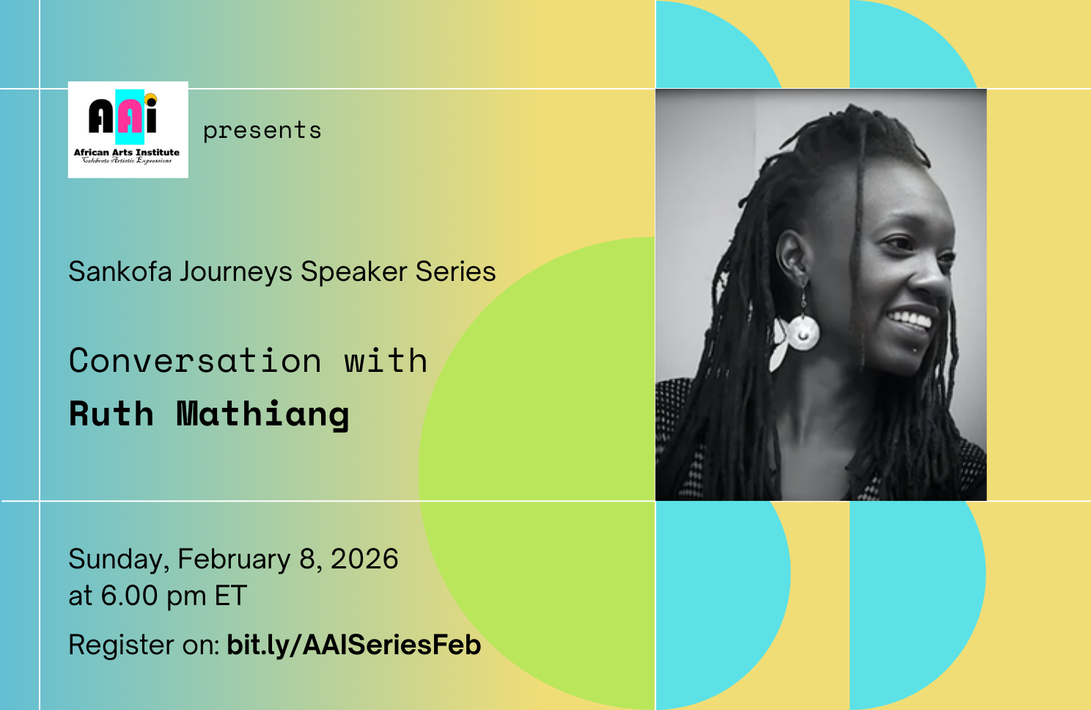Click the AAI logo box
pos(128,129)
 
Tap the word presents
pos(262,131)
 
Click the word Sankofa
pos(120,272)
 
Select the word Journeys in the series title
pos(236,273)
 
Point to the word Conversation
pos(195,361)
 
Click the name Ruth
pos(111,414)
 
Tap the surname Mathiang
pos(262,414)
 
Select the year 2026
pos(364,559)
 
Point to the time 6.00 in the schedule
pos(129,596)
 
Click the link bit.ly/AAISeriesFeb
pos(353,645)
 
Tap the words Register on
pos(144,645)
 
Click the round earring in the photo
pos(803,332)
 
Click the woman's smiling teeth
pos(910,320)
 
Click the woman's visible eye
pos(897,243)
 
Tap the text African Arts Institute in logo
pos(126,153)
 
